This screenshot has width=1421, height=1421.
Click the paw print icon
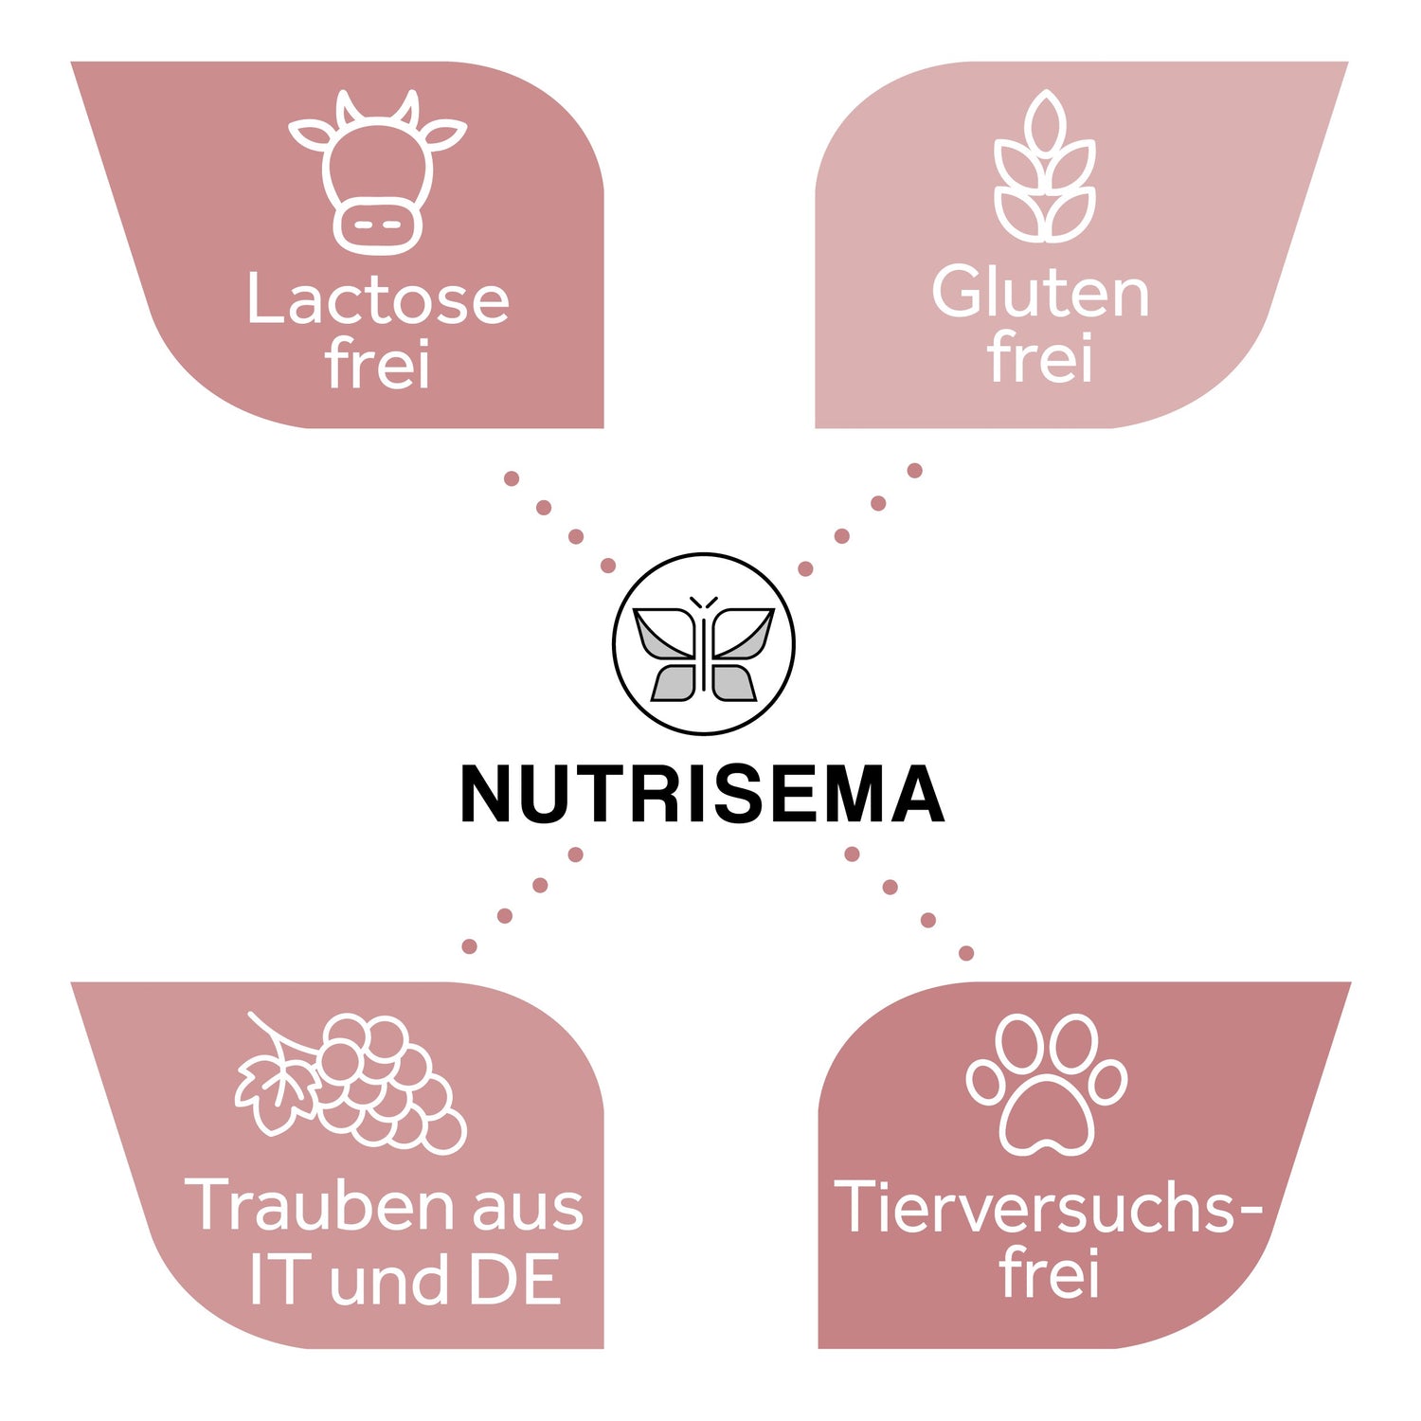[1047, 1085]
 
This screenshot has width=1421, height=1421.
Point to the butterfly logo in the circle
[703, 644]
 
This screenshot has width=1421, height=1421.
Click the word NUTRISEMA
[702, 796]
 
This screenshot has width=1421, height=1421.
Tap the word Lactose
[377, 299]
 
